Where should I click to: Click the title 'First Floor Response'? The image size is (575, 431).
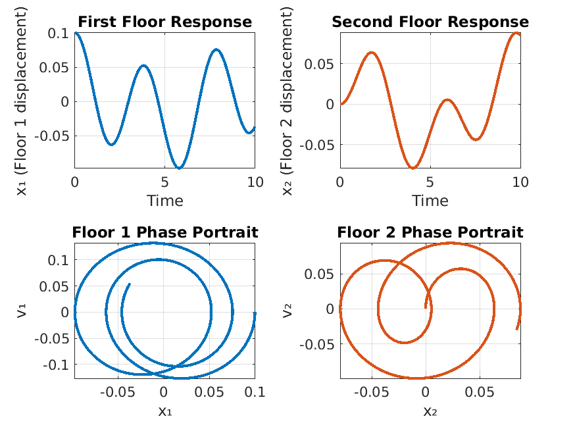tap(164, 22)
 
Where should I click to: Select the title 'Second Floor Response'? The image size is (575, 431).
tap(430, 22)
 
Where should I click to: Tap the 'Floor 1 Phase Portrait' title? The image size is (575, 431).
tap(164, 232)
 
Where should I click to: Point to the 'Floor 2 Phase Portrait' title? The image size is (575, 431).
tap(430, 232)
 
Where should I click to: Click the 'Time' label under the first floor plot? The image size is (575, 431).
tap(164, 200)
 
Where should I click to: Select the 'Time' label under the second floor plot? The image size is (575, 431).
tap(430, 200)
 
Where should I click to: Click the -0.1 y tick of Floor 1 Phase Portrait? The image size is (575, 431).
tap(55, 364)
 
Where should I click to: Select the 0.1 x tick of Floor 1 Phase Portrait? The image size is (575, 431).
tap(254, 393)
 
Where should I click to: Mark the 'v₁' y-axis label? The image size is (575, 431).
tap(22, 311)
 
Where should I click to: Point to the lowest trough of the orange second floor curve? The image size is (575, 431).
tap(413, 168)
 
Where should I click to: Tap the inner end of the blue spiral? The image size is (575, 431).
tap(130, 284)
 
